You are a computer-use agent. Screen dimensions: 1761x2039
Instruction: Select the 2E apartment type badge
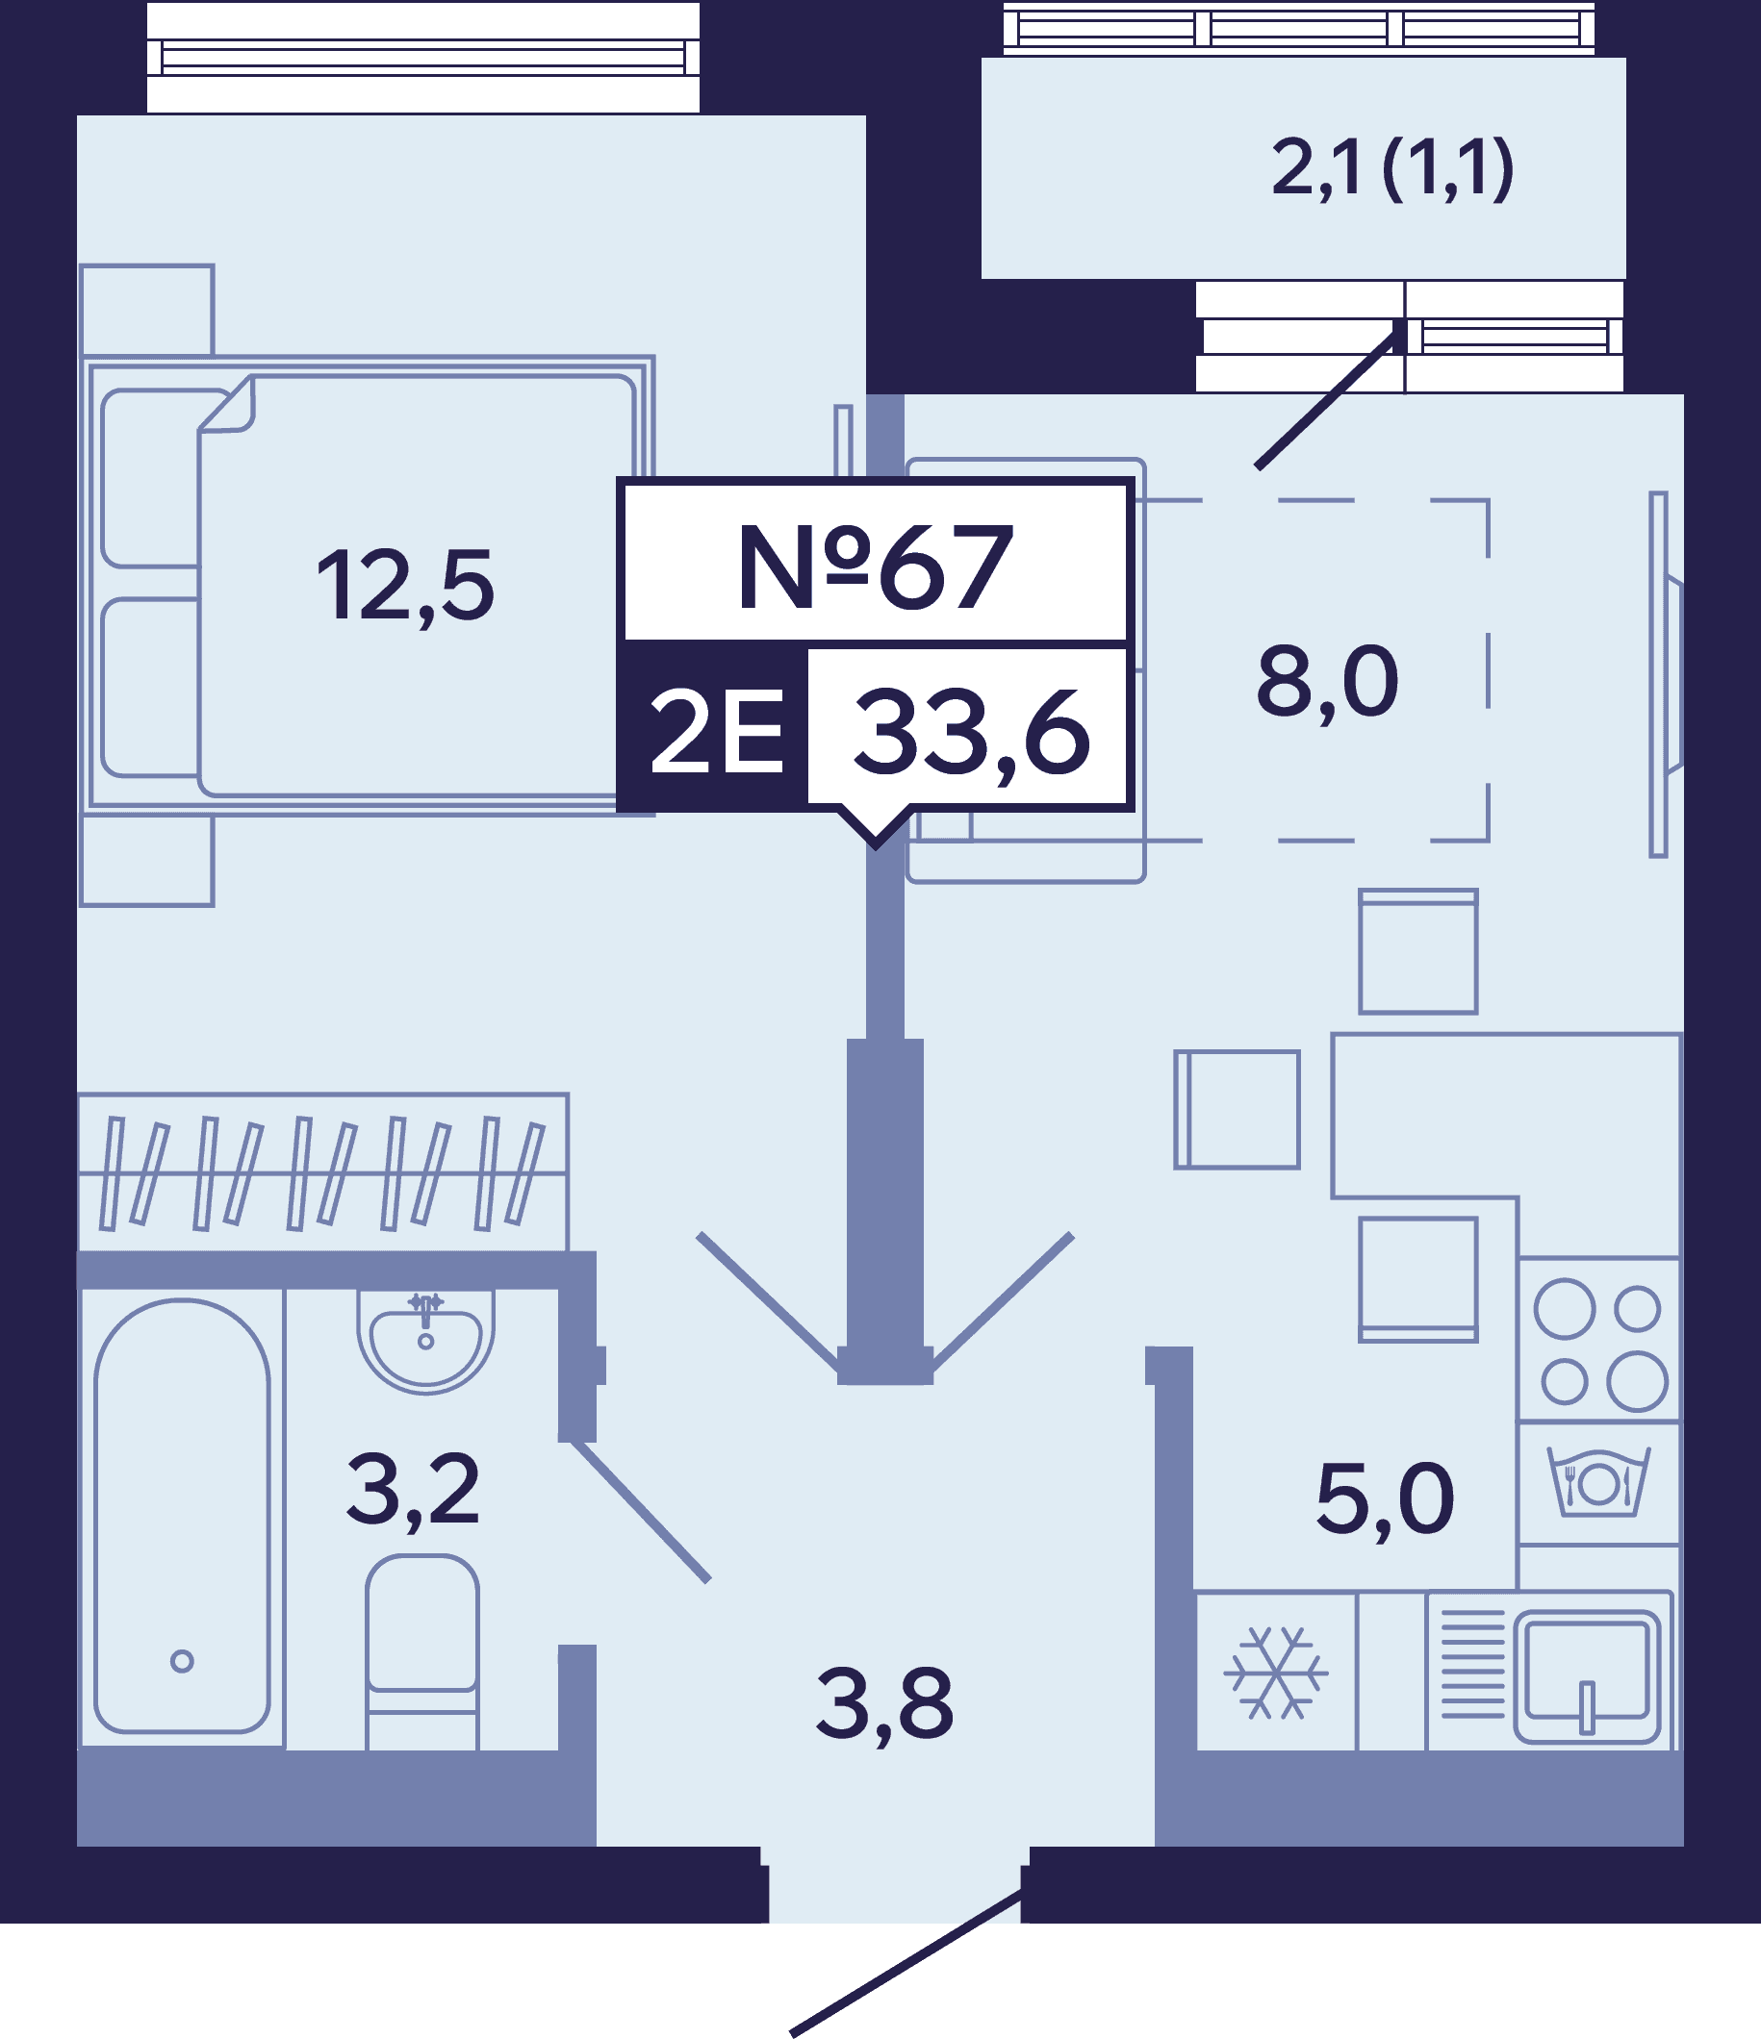[x=717, y=729]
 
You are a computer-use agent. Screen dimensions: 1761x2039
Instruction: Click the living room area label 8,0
[x=1327, y=681]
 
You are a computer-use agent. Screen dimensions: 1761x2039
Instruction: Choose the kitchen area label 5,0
[x=1384, y=1499]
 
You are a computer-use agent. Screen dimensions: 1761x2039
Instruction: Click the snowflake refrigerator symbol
[x=1276, y=1672]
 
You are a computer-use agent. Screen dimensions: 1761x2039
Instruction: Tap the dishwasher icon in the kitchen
[x=1598, y=1481]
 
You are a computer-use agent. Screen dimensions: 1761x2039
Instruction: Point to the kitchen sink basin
[x=1587, y=1675]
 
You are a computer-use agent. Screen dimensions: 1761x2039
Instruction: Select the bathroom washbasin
[x=425, y=1340]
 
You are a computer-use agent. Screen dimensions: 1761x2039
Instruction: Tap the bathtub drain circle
[x=182, y=1661]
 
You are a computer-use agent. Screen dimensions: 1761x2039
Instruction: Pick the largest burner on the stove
[x=1637, y=1381]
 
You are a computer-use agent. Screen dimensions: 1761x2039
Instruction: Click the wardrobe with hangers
[x=323, y=1172]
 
